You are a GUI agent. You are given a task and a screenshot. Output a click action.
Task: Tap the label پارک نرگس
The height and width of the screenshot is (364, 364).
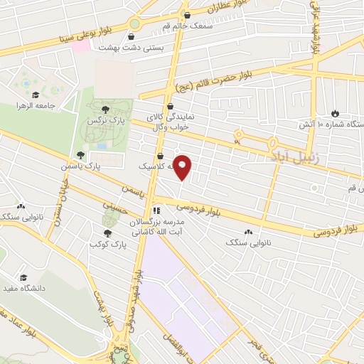click(x=101, y=122)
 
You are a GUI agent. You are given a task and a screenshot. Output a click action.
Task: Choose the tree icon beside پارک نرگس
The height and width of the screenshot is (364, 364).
click(x=105, y=108)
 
